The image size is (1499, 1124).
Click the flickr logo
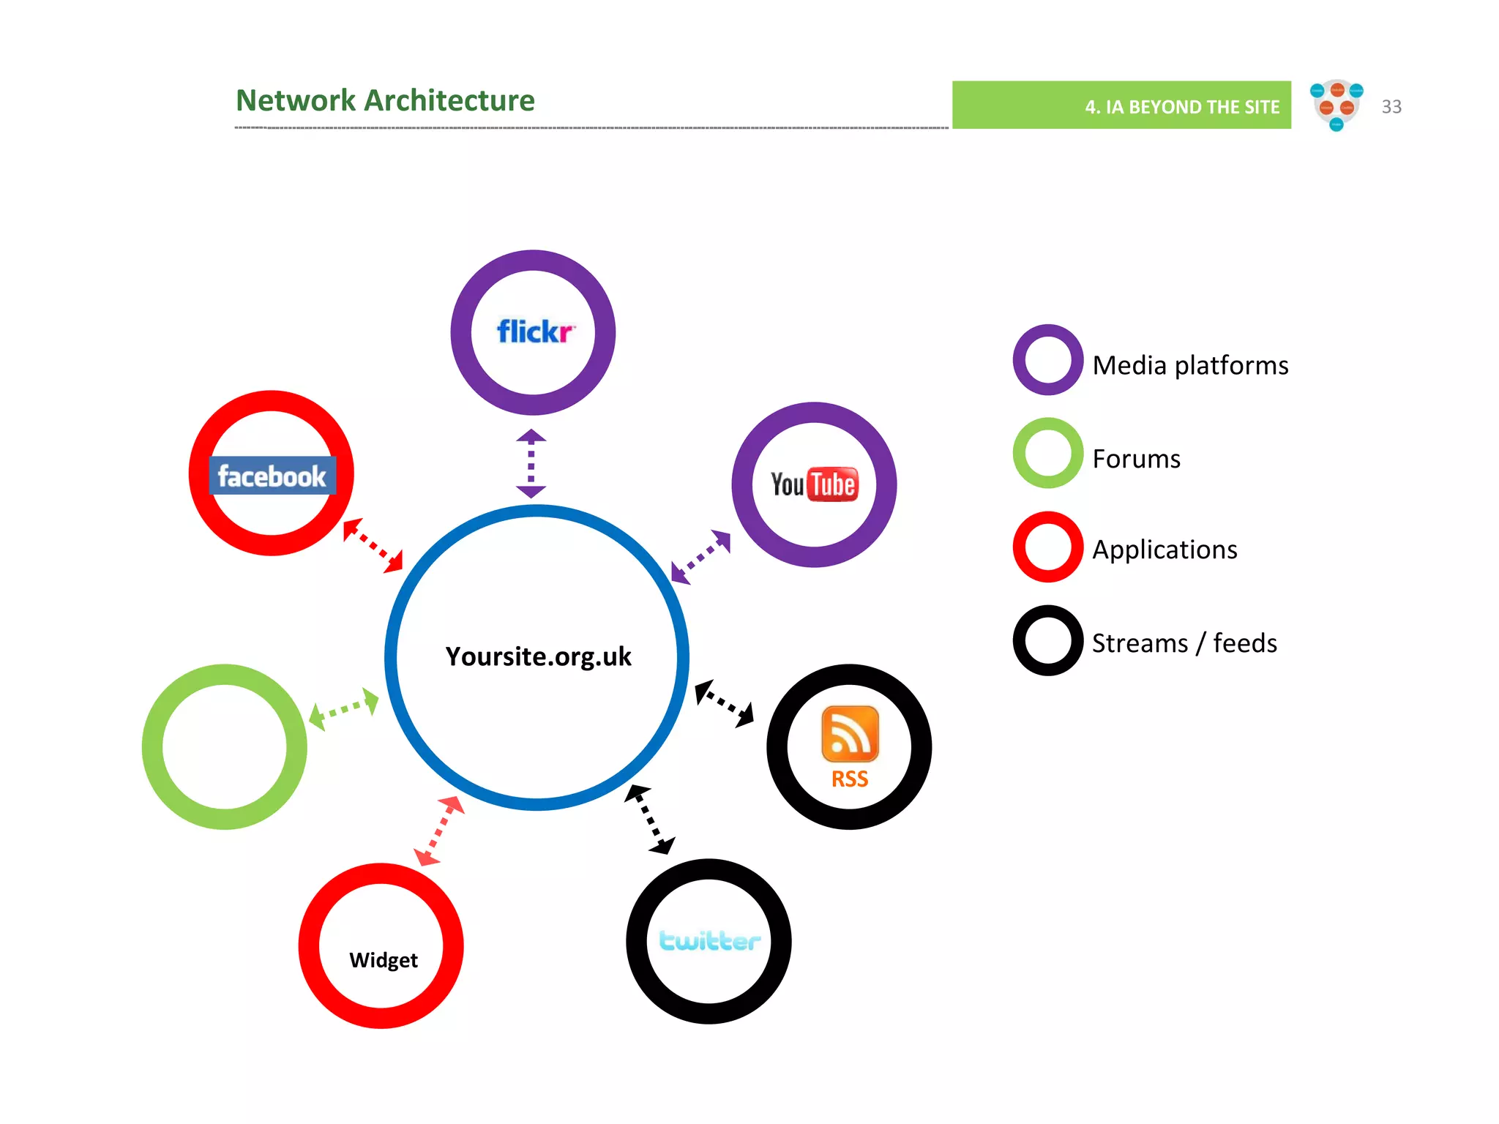(x=535, y=331)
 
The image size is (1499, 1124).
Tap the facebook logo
(x=272, y=476)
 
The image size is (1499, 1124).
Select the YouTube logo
(x=813, y=484)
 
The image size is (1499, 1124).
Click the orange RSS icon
(x=850, y=734)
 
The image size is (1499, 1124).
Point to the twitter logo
(x=709, y=940)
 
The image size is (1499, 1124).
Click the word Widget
(x=383, y=959)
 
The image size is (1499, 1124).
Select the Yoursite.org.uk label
(x=538, y=656)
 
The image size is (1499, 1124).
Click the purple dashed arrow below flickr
(x=531, y=463)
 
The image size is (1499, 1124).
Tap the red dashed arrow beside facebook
(x=373, y=545)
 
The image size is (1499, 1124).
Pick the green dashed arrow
(x=343, y=708)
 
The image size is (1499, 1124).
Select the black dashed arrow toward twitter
(x=649, y=819)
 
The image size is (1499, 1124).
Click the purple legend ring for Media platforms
(x=1048, y=360)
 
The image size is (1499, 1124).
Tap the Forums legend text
(x=1136, y=459)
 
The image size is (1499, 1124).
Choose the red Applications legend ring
(x=1048, y=547)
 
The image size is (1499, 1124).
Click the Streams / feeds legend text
(x=1184, y=643)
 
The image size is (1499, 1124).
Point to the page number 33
(x=1391, y=107)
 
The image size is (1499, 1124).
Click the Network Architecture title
(x=385, y=100)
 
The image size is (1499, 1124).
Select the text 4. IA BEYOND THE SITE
(x=1181, y=107)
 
